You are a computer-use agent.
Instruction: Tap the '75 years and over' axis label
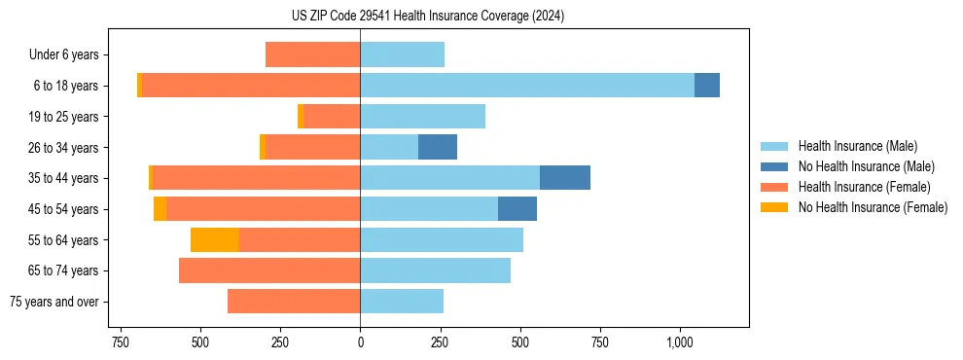pyautogui.click(x=54, y=302)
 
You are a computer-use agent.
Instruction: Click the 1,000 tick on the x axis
pyautogui.click(x=679, y=342)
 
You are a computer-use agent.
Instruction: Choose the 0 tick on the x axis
pyautogui.click(x=360, y=342)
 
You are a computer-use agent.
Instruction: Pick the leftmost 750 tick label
pyautogui.click(x=121, y=342)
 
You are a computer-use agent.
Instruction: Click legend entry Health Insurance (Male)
pyautogui.click(x=857, y=146)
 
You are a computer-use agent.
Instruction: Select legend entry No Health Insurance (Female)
pyautogui.click(x=873, y=207)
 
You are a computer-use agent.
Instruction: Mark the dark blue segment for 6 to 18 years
pyautogui.click(x=707, y=86)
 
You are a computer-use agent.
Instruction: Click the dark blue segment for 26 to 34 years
pyautogui.click(x=438, y=147)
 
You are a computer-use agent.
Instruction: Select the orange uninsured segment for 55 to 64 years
pyautogui.click(x=215, y=239)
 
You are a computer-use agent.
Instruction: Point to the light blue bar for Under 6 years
pyautogui.click(x=402, y=54)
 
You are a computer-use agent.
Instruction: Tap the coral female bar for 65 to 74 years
pyautogui.click(x=269, y=270)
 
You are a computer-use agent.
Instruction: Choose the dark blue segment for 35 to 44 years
pyautogui.click(x=565, y=178)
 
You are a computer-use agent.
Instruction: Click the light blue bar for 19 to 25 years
pyautogui.click(x=422, y=117)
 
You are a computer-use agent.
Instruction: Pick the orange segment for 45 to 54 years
pyautogui.click(x=160, y=209)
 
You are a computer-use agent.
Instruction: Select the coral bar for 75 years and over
pyautogui.click(x=294, y=302)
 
